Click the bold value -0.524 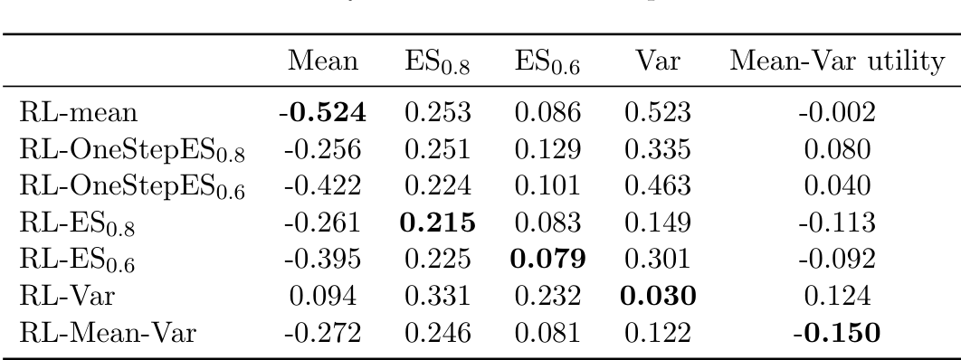pos(322,113)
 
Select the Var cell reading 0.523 pos(651,113)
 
